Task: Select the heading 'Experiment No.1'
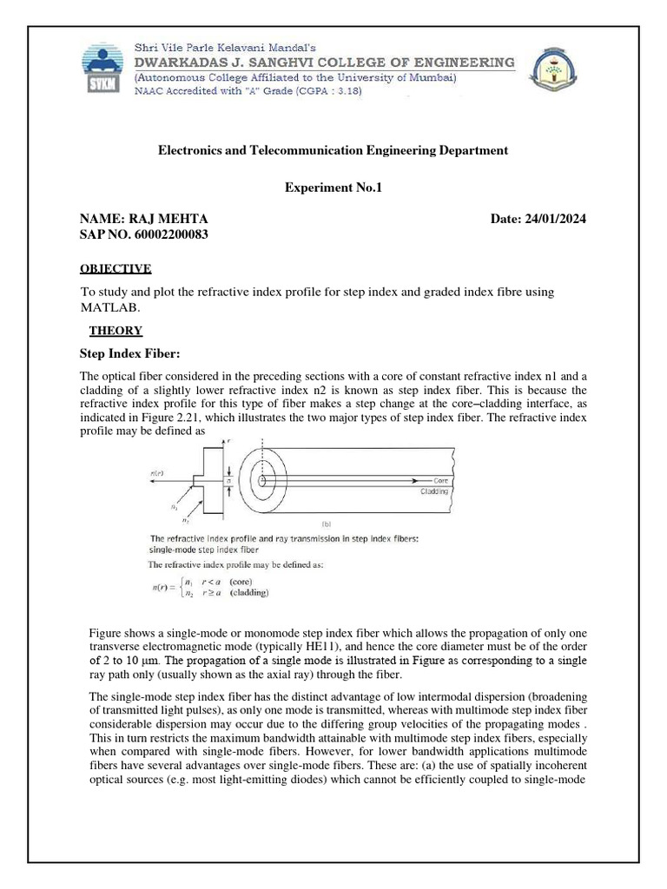pyautogui.click(x=333, y=187)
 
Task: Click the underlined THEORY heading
pyautogui.click(x=116, y=331)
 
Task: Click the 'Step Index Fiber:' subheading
pyautogui.click(x=129, y=352)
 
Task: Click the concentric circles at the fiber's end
pyautogui.click(x=269, y=478)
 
